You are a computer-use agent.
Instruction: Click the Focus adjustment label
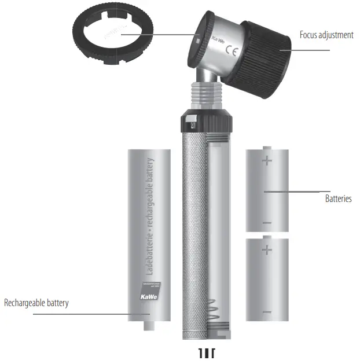326,35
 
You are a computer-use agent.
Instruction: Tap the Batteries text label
338,198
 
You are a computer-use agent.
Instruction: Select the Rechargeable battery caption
36,303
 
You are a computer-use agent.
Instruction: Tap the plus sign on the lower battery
267,249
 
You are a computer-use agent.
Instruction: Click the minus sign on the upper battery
267,223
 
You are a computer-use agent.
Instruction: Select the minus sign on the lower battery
267,313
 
